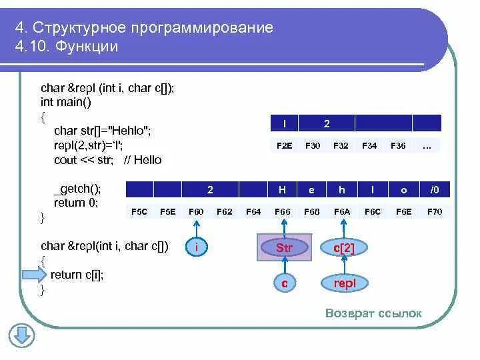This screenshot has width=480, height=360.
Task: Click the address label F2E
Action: click(285, 145)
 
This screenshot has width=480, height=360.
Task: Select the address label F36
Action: click(398, 145)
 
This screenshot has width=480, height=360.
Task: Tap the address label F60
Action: click(196, 211)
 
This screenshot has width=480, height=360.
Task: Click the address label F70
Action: click(434, 211)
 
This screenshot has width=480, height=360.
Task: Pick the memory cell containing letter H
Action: click(282, 190)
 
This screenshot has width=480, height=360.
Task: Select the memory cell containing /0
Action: click(435, 190)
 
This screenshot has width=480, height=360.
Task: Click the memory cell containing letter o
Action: click(403, 190)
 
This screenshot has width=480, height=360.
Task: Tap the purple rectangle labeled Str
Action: click(285, 248)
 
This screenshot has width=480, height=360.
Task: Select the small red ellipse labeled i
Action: click(197, 248)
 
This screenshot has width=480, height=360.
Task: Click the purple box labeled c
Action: click(285, 283)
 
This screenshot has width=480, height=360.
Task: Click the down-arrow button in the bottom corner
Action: click(21, 335)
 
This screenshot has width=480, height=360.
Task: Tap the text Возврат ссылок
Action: click(373, 314)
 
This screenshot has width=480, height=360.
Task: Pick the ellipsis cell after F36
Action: click(427, 145)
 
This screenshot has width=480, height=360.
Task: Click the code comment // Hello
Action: click(142, 160)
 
